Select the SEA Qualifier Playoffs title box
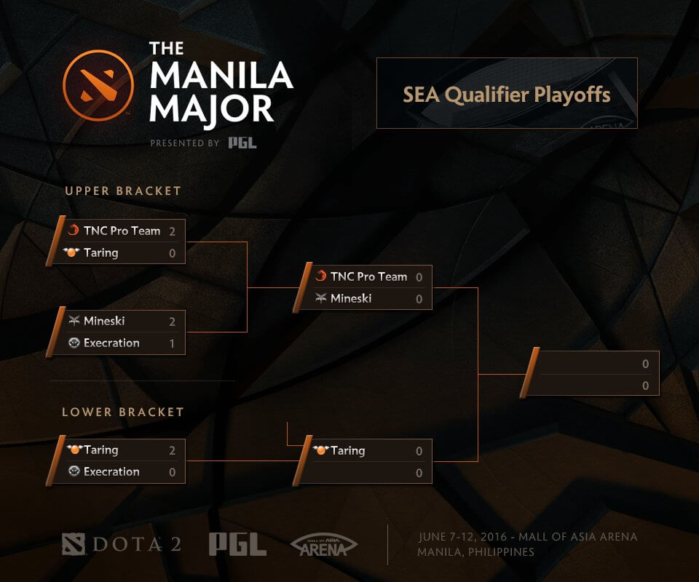point(507,94)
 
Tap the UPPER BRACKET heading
point(123,191)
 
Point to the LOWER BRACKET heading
point(123,412)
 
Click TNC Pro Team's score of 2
point(173,231)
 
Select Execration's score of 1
point(173,343)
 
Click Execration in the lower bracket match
point(111,472)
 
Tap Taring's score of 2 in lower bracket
point(173,451)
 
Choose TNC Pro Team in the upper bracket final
point(368,277)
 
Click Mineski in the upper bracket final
point(351,299)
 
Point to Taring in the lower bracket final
point(347,451)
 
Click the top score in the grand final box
point(645,364)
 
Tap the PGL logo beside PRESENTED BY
point(242,143)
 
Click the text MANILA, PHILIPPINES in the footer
point(476,552)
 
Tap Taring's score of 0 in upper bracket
point(173,253)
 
